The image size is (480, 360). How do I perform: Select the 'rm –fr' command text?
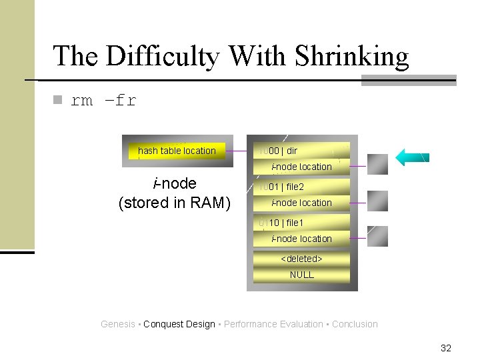click(x=103, y=101)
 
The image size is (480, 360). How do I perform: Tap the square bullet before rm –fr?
click(x=57, y=100)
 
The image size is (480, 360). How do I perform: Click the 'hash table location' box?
click(x=177, y=151)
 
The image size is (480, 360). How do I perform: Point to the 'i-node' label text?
click(x=175, y=183)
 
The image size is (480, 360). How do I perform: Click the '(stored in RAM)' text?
click(x=174, y=203)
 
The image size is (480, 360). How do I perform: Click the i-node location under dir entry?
click(x=301, y=167)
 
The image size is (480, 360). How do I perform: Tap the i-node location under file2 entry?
click(x=301, y=203)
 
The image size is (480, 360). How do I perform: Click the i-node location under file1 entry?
click(x=301, y=239)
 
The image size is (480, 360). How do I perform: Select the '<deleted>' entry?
click(x=301, y=259)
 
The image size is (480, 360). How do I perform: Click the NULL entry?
click(x=301, y=275)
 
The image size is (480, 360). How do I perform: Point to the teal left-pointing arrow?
click(x=412, y=157)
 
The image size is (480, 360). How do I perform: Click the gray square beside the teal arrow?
click(x=377, y=164)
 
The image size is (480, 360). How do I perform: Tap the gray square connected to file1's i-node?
click(x=377, y=236)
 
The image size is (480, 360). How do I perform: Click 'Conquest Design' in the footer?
click(x=179, y=324)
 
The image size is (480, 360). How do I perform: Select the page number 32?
click(x=446, y=348)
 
